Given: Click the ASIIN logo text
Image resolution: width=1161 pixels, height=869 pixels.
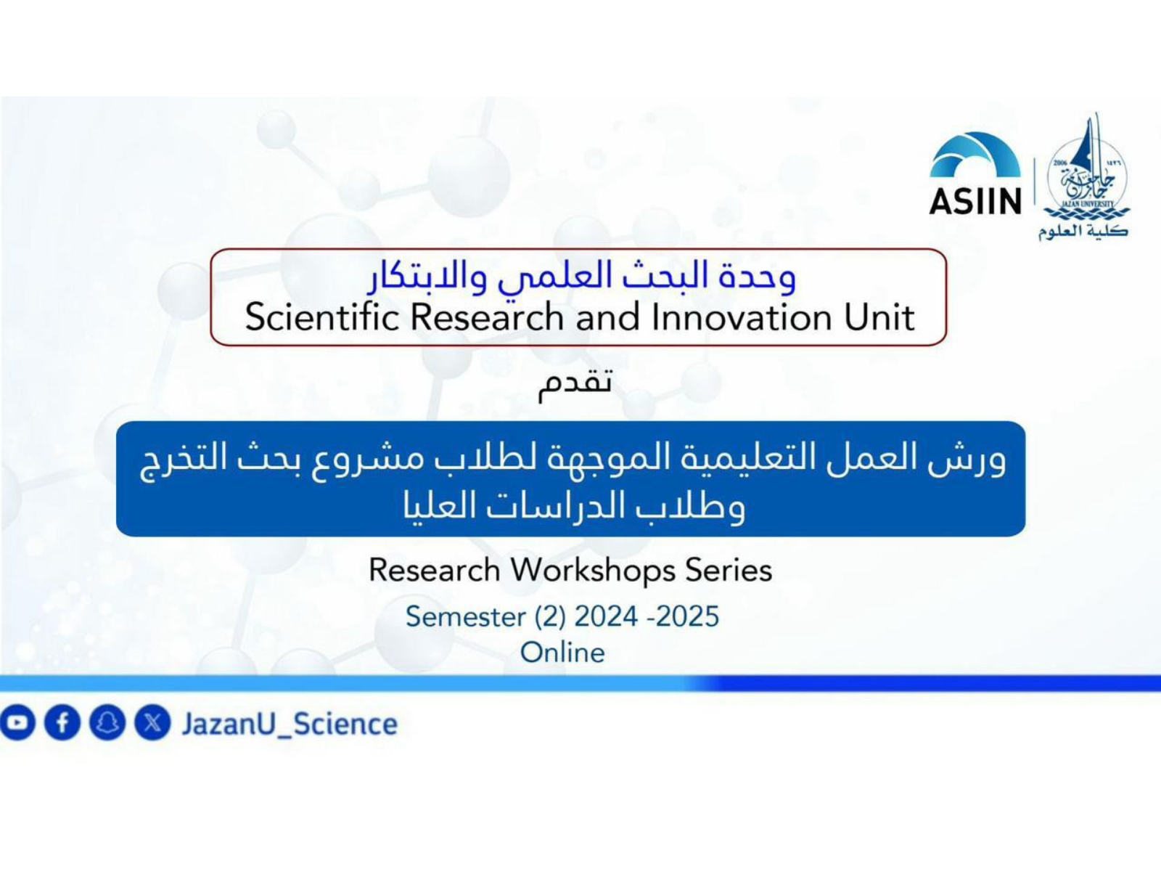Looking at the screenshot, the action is point(975,202).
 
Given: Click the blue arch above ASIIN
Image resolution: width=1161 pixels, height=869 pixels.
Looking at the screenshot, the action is point(975,155).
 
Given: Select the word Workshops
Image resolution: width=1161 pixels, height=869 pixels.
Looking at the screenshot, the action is point(593,571).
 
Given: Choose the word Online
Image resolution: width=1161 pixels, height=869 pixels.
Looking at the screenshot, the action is point(562,653).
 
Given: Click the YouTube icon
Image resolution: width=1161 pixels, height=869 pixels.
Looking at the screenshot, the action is point(17,722).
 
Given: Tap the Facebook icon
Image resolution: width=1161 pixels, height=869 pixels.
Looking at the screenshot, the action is point(62,722).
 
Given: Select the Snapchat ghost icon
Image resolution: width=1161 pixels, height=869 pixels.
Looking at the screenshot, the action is point(107,722).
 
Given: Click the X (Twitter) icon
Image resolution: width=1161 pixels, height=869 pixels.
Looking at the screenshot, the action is point(152,722).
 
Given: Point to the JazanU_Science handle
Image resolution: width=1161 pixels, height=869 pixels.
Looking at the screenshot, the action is point(290,725).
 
